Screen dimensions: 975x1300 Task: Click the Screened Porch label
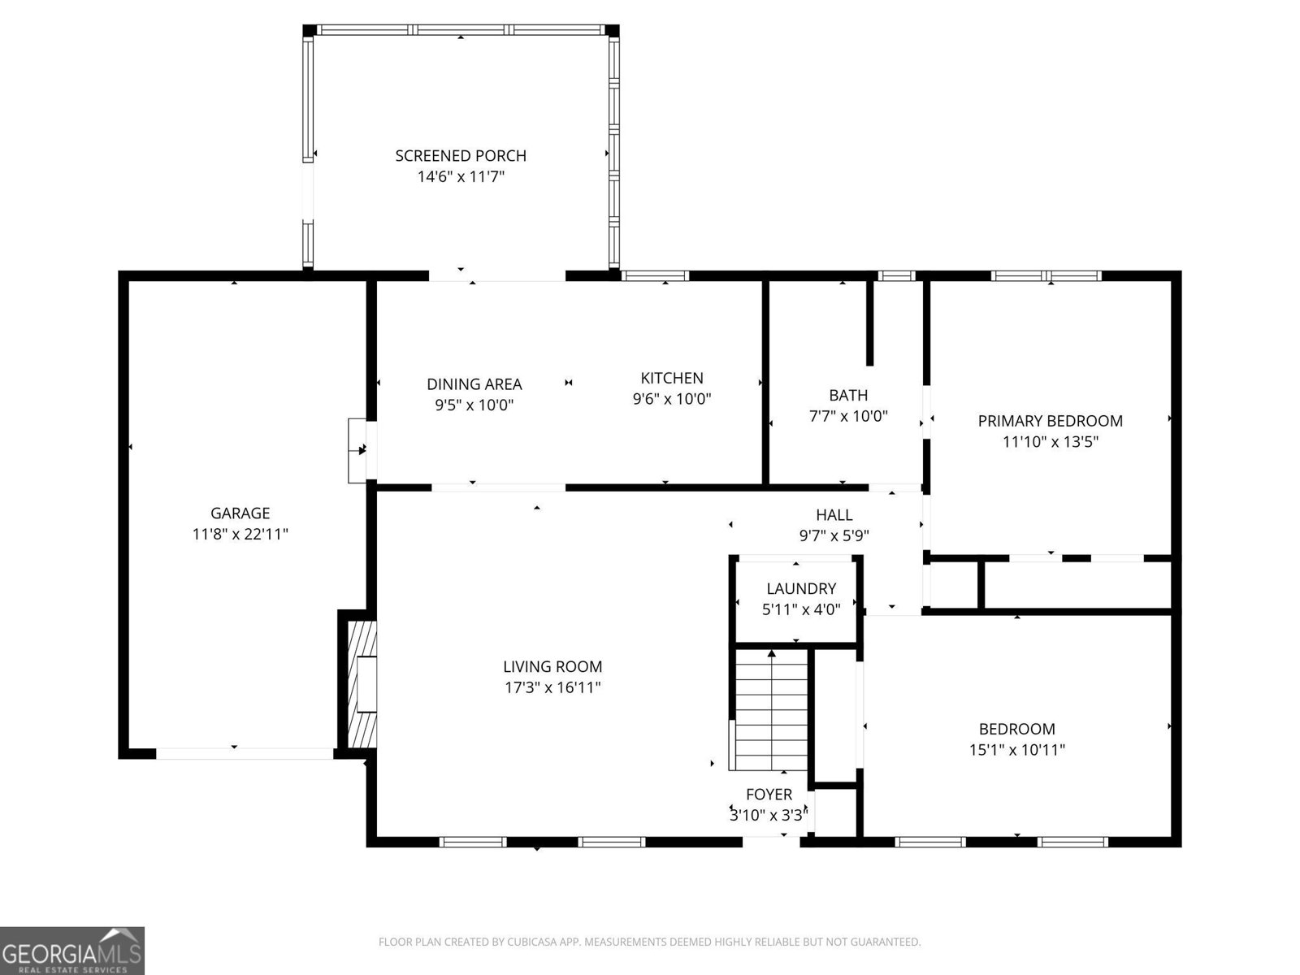coord(461,155)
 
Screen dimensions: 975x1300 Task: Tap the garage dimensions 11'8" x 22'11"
coord(240,534)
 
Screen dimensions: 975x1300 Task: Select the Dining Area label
coord(474,384)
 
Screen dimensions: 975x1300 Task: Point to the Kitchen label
coord(672,378)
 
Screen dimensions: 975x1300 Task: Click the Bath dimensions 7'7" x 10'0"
coord(848,416)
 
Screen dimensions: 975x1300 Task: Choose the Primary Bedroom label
coord(1050,421)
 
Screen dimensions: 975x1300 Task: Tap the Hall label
coord(834,514)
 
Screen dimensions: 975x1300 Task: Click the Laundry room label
coord(801,588)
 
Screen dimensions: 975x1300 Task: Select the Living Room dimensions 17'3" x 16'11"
coord(552,687)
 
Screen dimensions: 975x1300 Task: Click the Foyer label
coord(769,794)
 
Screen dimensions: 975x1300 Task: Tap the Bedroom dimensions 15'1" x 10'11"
coord(1016,750)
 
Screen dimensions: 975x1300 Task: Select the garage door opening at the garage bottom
coord(245,753)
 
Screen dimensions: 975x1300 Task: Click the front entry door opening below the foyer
coord(771,841)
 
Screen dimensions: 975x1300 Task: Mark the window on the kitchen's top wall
coord(655,276)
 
